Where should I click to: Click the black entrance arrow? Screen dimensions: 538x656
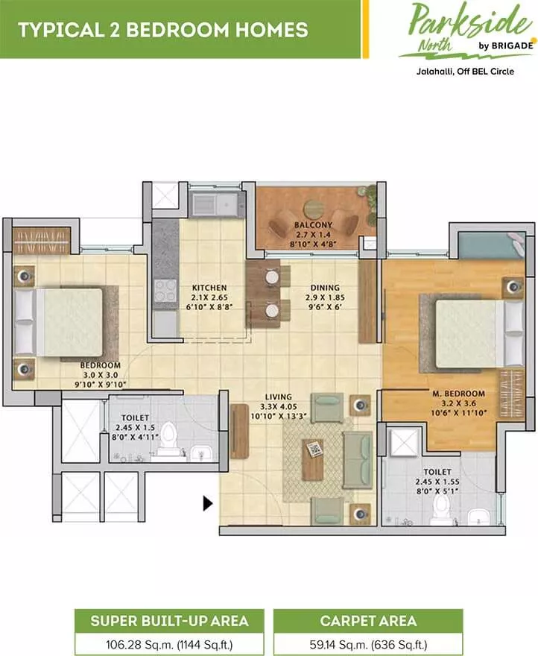207,503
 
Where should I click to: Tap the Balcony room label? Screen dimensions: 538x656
313,224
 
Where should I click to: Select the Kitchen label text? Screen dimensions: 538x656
209,288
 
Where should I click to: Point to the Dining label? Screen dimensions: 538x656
325,288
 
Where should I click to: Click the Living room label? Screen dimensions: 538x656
279,397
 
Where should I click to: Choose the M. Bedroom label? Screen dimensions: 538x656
458,394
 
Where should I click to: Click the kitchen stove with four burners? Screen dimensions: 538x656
165,290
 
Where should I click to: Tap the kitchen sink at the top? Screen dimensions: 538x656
216,204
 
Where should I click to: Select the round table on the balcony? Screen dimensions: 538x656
314,209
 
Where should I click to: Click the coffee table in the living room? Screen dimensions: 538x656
313,459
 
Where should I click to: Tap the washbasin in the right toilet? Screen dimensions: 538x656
478,517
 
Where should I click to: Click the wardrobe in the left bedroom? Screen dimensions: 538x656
41,241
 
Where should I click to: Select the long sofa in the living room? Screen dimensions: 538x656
358,460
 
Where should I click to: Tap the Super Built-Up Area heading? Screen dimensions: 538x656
169,621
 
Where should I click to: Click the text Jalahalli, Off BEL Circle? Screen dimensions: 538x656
465,72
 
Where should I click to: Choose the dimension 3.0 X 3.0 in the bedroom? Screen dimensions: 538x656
101,375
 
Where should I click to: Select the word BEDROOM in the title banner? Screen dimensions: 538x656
178,30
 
